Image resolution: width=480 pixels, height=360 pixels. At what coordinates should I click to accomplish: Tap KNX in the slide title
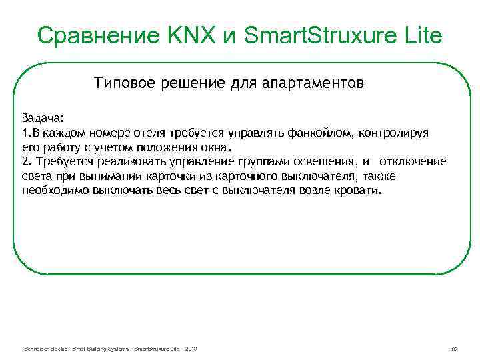(189, 35)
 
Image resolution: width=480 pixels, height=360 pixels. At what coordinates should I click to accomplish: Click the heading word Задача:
(43, 118)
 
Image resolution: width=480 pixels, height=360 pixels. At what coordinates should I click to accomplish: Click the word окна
(213, 147)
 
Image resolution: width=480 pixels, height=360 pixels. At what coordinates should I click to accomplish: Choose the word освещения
(325, 162)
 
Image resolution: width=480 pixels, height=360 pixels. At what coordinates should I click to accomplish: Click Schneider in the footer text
(33, 349)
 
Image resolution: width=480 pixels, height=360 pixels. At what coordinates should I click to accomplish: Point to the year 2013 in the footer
(191, 349)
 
